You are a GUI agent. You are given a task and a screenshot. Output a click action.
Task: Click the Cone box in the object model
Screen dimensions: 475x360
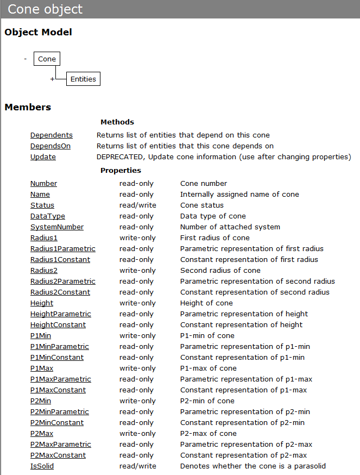click(x=47, y=59)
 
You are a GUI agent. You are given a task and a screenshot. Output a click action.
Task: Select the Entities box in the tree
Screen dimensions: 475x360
click(x=83, y=79)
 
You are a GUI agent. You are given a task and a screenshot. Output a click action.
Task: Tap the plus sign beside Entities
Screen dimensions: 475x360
click(x=53, y=79)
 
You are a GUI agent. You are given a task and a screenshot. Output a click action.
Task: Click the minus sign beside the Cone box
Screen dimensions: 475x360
click(x=25, y=59)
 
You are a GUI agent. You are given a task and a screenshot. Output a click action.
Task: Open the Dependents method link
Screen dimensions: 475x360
click(x=52, y=135)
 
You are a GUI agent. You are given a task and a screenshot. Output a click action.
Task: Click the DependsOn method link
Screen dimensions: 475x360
click(x=50, y=146)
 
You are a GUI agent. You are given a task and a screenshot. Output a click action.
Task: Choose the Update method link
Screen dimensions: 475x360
click(x=43, y=157)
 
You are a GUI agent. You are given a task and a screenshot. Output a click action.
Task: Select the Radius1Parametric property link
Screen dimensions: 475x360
click(x=63, y=248)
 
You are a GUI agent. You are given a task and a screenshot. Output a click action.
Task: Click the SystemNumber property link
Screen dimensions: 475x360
click(x=57, y=227)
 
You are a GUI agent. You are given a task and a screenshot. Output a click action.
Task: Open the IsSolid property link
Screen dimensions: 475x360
click(x=42, y=466)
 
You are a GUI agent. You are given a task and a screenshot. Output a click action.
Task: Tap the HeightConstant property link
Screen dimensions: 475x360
click(x=58, y=324)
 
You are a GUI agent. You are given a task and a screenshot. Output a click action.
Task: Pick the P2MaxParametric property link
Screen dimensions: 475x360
click(x=61, y=444)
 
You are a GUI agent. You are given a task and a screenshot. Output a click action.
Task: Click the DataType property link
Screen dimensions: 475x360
click(x=48, y=216)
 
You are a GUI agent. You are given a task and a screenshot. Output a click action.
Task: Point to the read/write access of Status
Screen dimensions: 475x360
click(x=138, y=205)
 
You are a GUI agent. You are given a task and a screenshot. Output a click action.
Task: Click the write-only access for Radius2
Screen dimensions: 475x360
click(x=137, y=270)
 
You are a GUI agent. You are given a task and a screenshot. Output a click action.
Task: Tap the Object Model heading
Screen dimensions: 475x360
click(x=38, y=32)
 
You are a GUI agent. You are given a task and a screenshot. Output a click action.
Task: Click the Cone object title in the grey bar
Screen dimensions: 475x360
click(x=45, y=9)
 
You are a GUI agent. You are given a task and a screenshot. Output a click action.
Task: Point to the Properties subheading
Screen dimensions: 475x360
click(x=121, y=170)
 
